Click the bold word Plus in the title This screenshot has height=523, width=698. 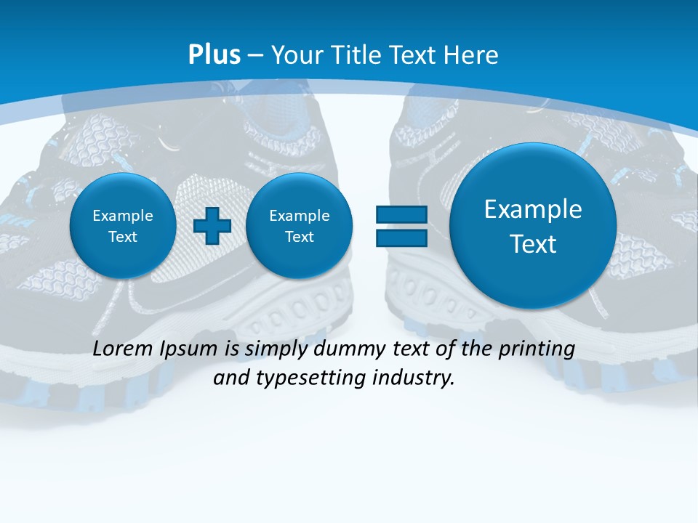tap(214, 54)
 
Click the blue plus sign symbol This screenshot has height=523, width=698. tap(212, 225)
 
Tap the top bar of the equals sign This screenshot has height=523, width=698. tap(401, 214)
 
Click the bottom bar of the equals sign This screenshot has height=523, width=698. tap(401, 238)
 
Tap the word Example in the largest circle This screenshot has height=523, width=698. tap(533, 209)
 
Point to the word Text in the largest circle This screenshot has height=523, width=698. tap(533, 244)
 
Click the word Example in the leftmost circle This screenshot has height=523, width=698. tap(123, 216)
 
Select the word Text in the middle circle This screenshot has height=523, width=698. tap(299, 237)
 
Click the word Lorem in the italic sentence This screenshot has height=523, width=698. tap(124, 349)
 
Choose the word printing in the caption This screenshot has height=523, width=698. tap(535, 349)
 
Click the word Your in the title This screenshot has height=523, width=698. tap(297, 54)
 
